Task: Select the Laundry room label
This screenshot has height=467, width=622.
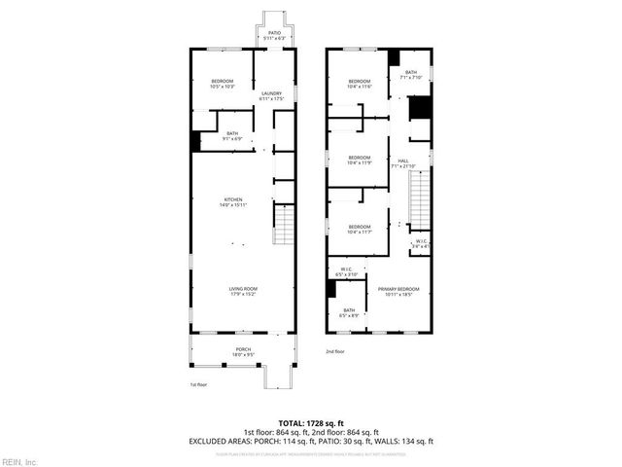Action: (270, 96)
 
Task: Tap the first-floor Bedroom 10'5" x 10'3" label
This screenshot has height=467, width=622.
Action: (223, 84)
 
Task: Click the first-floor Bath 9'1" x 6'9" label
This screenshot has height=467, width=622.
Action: (232, 135)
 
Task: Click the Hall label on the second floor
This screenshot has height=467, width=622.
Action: (402, 163)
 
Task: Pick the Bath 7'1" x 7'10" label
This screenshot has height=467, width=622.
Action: (411, 74)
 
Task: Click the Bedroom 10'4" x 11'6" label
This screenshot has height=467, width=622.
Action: (360, 84)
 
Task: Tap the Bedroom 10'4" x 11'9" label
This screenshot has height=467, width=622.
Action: (360, 160)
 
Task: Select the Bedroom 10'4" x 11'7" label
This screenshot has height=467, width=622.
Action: (360, 229)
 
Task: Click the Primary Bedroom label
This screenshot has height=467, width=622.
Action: (399, 291)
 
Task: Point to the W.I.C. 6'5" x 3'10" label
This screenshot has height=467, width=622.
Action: (347, 273)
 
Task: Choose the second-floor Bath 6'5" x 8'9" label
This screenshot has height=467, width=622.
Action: (348, 313)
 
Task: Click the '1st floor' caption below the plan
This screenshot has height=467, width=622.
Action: (198, 385)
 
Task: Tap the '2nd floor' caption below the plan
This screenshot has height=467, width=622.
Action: (334, 351)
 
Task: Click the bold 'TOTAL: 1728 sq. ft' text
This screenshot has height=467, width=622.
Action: (311, 424)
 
